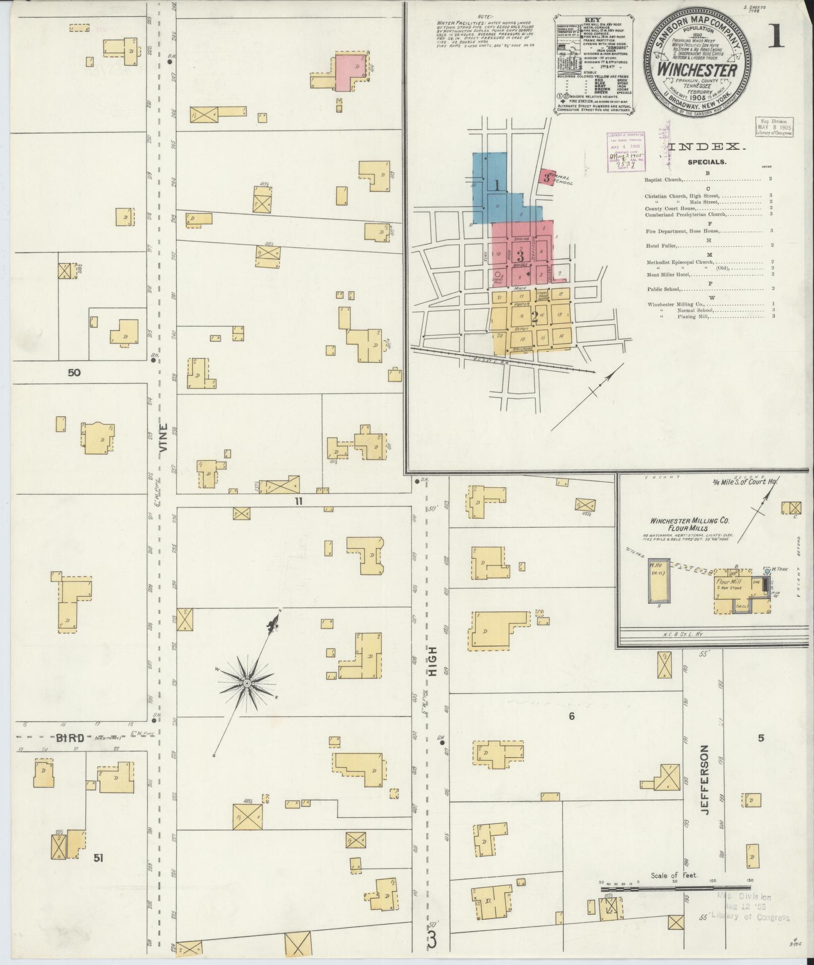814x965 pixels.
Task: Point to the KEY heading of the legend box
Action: [x=593, y=20]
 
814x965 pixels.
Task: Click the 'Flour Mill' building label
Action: [x=728, y=582]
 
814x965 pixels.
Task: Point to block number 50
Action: [x=74, y=373]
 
